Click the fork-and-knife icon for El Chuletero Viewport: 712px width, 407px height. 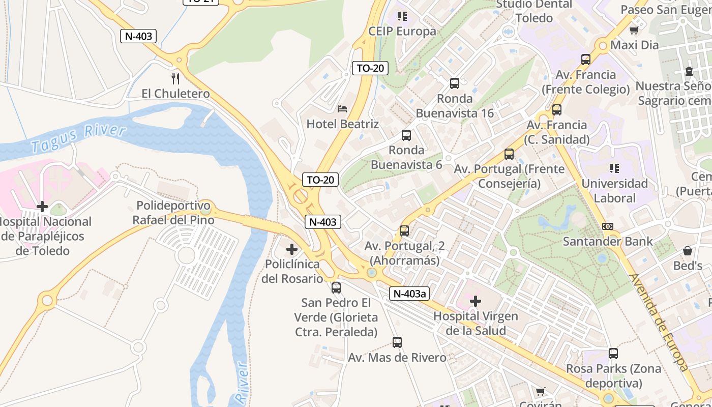tap(175, 78)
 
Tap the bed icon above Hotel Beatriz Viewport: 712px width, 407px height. tap(342, 108)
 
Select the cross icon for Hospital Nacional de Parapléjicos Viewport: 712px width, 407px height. tap(42, 207)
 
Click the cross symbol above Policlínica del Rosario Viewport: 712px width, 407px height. tap(292, 249)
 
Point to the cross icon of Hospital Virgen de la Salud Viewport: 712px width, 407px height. tap(476, 301)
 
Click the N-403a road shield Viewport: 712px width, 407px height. tap(410, 294)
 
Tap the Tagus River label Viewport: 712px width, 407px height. tap(78, 138)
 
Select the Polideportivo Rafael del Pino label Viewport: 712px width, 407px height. tap(173, 213)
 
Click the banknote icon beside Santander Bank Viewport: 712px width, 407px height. tap(607, 226)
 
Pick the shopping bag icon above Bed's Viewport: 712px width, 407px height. tap(687, 251)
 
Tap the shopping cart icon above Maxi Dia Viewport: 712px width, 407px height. tap(634, 31)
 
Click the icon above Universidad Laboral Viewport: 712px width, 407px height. tap(614, 168)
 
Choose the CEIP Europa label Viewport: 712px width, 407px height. tap(402, 31)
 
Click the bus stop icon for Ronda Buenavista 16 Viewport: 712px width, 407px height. tap(455, 83)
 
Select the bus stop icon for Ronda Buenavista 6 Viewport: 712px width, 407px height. tap(406, 135)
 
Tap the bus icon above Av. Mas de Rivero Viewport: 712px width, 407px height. tap(397, 342)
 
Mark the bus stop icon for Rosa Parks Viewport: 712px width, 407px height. tap(613, 354)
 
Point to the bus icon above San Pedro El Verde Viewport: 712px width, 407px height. tap(336, 288)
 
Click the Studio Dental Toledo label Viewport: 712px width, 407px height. tap(533, 11)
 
